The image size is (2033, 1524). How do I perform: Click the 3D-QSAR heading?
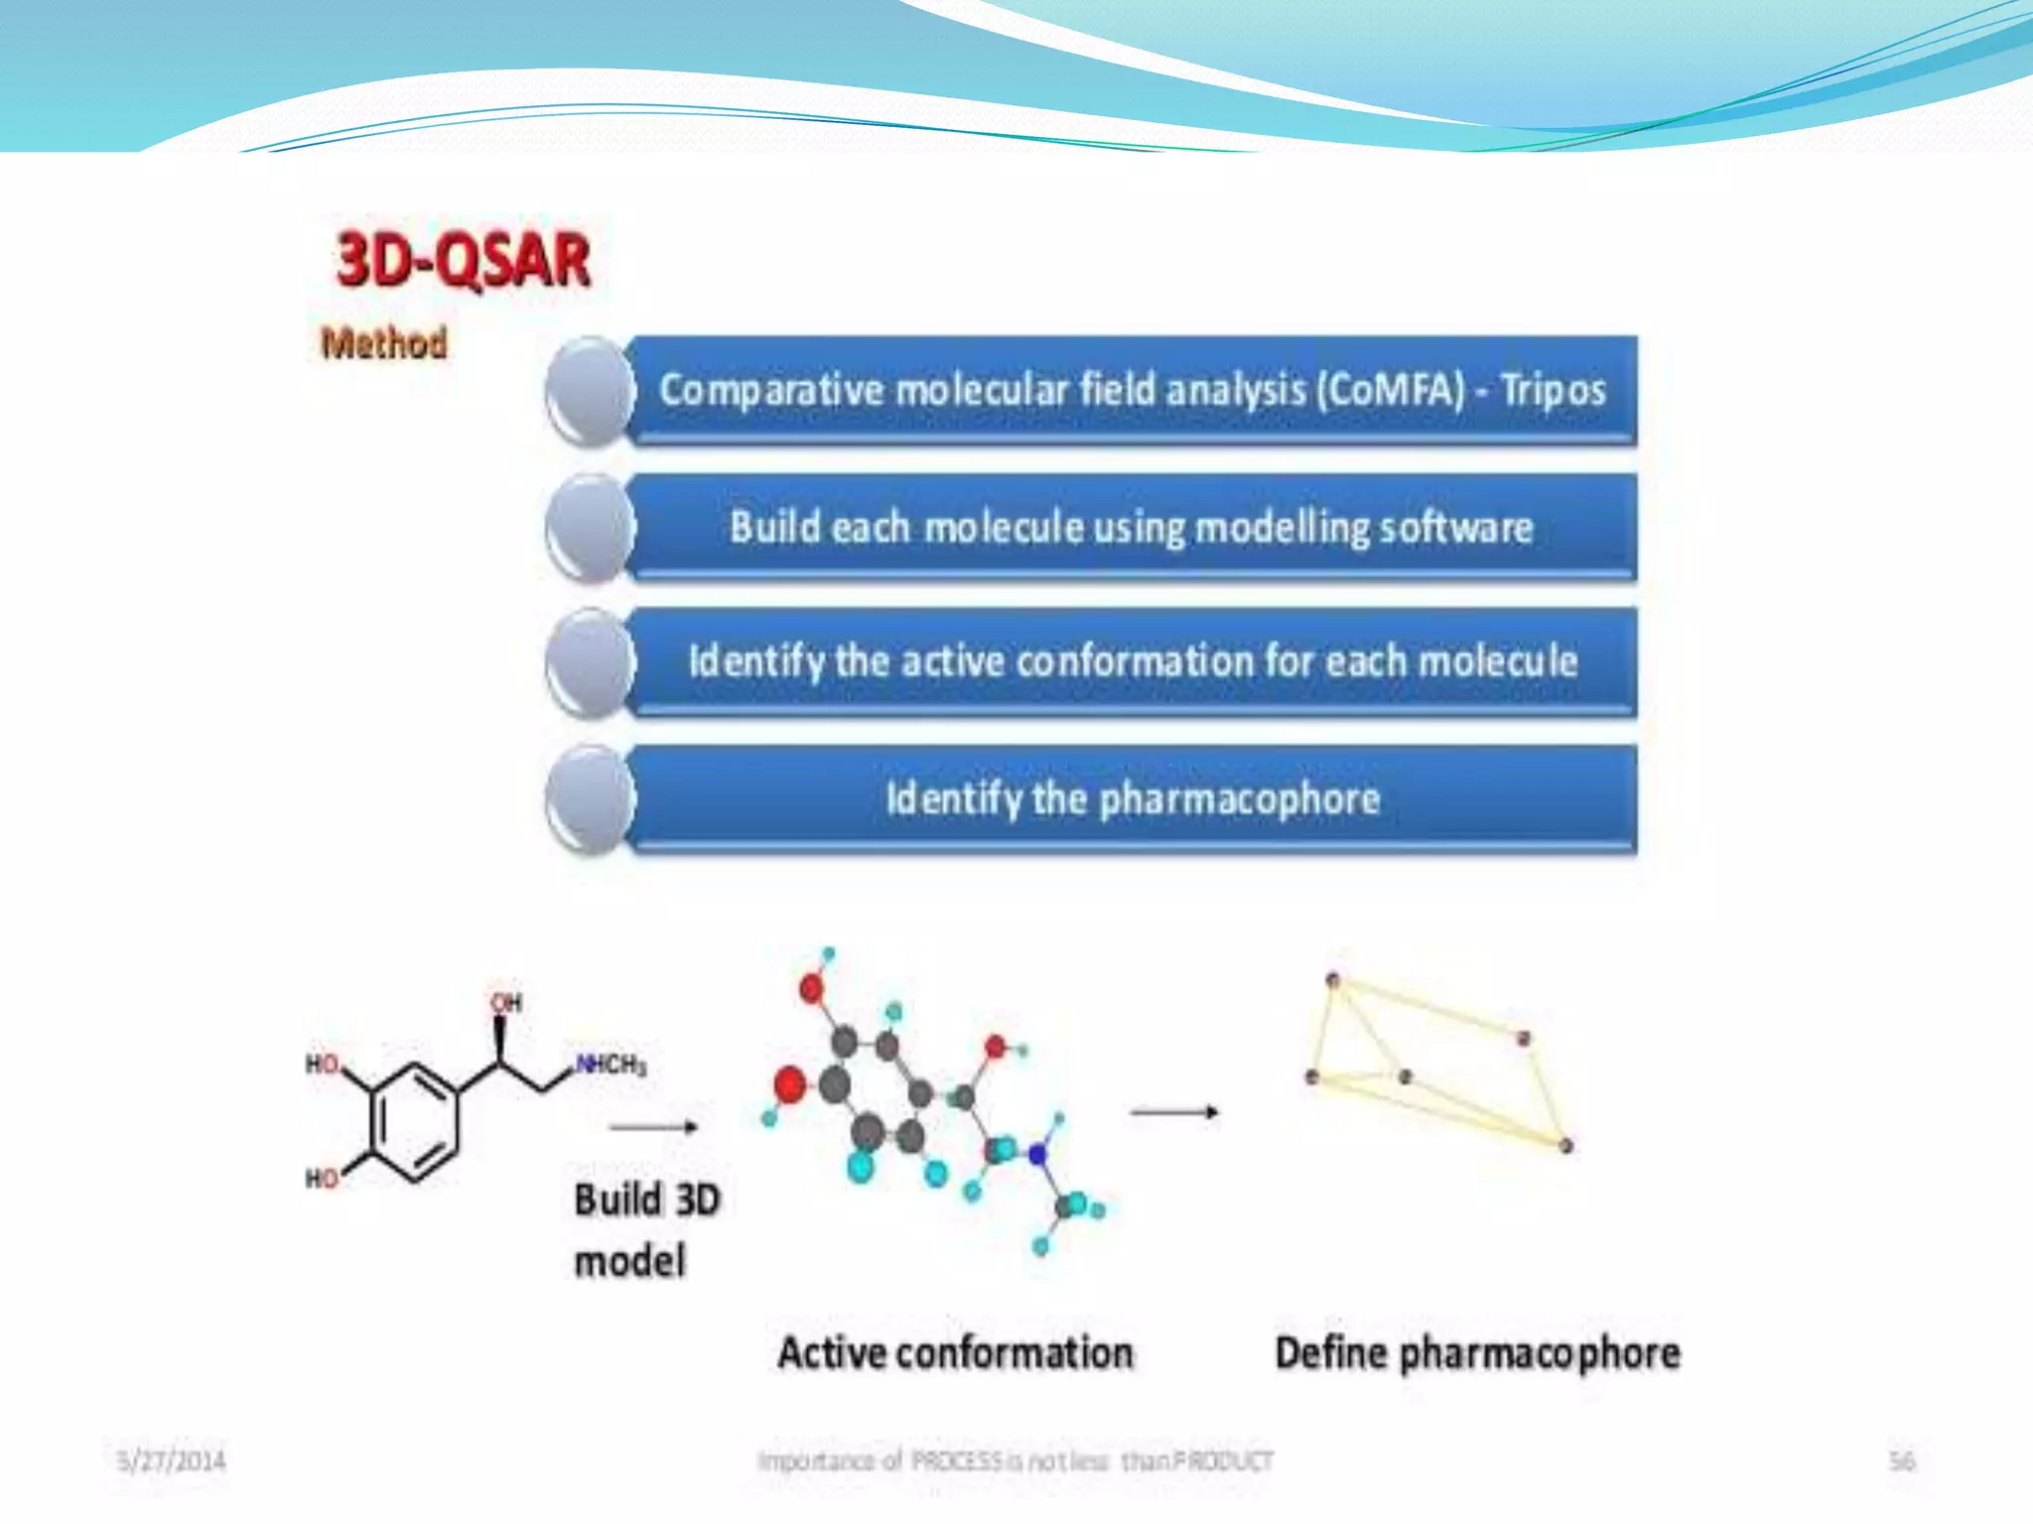pos(464,260)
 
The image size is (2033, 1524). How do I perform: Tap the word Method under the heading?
pos(384,343)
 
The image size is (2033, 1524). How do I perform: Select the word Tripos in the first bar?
pos(1553,390)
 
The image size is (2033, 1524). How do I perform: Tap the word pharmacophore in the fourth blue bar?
pos(1240,799)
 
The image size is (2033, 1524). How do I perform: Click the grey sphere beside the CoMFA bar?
pos(590,391)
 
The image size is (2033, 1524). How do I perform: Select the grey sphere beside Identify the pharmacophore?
pos(590,801)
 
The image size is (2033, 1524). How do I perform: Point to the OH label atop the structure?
pos(506,1002)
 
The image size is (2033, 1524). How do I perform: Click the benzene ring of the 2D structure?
pos(415,1121)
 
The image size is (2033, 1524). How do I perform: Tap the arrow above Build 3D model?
pos(653,1126)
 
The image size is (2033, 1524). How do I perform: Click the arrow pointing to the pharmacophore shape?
pos(1174,1112)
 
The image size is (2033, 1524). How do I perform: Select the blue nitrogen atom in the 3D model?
pos(1037,1154)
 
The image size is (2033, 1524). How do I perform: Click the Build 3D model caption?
pos(646,1230)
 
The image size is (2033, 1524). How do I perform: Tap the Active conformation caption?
pos(955,1353)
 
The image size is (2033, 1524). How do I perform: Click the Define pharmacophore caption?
pos(1477,1353)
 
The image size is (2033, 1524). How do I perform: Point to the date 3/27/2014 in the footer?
pos(171,1460)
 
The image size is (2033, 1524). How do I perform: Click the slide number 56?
pos(1901,1460)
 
